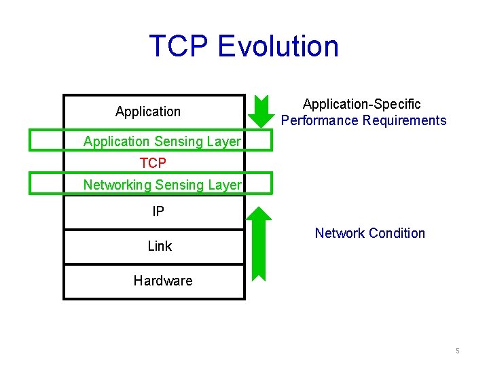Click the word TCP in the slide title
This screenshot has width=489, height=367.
coord(179,46)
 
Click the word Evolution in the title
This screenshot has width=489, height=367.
coord(278,46)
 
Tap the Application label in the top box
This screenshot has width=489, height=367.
coord(148,111)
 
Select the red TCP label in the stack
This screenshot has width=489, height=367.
coord(153,163)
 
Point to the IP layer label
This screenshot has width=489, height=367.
coord(158,211)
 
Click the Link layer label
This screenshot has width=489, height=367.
coord(160,246)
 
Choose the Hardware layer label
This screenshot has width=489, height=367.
coord(163,281)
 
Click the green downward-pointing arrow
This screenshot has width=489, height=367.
coord(259,111)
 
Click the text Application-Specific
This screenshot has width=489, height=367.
coord(362,104)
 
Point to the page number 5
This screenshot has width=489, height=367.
coord(458,351)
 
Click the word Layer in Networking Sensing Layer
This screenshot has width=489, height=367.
coord(225,185)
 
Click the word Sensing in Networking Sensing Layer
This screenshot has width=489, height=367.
coord(180,185)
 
